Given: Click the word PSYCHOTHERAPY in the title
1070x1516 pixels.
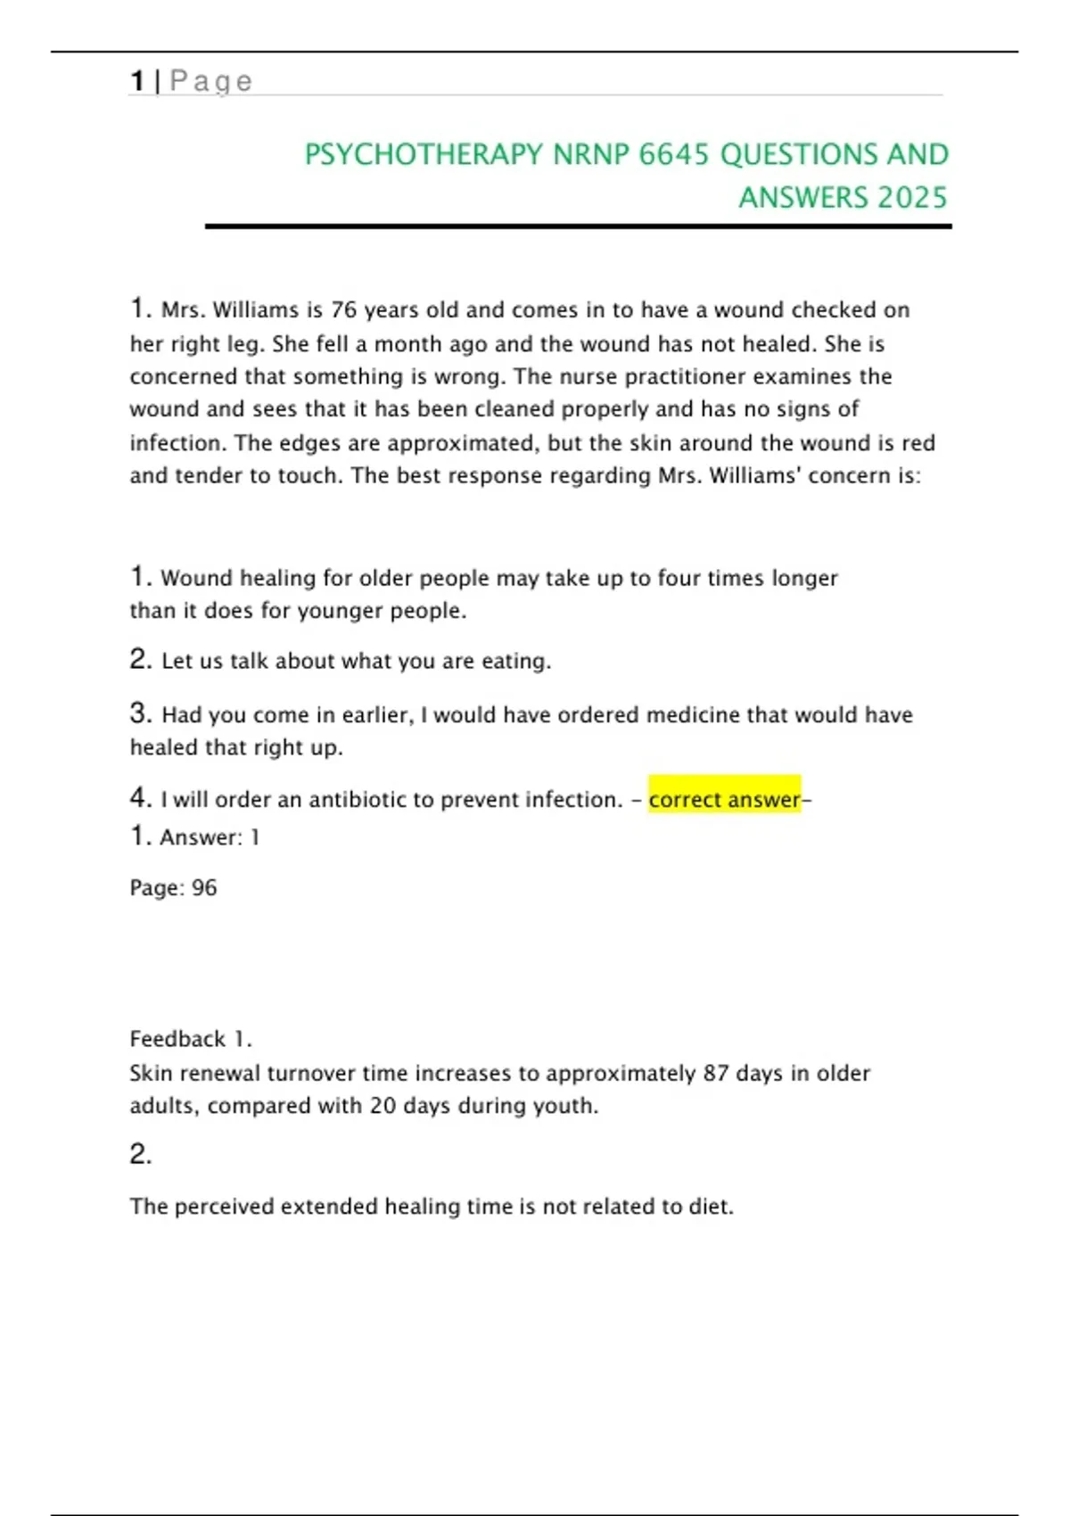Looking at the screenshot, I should point(423,155).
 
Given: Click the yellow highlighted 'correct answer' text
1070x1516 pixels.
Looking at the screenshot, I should point(724,799).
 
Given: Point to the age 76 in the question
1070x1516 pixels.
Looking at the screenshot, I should point(343,310).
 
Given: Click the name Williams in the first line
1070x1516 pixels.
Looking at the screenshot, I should point(255,310).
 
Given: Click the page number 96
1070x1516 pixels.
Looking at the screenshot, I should point(204,888).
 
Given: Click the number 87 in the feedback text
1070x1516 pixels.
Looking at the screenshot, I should point(716,1074).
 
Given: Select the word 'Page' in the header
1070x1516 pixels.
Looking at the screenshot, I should point(211,81).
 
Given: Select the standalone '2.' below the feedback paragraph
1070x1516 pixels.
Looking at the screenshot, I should point(141,1155).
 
